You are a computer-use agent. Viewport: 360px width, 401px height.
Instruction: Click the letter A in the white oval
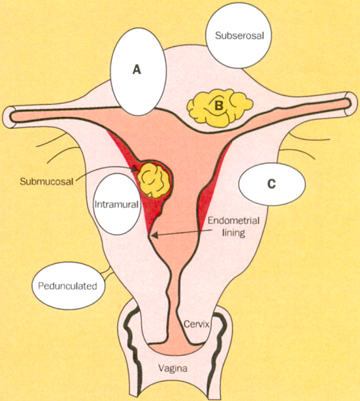tap(137, 69)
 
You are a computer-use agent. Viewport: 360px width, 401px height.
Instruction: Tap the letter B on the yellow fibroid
tap(218, 105)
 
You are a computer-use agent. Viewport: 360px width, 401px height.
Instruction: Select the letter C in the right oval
tap(272, 184)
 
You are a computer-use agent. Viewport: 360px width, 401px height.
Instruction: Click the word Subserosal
tap(239, 35)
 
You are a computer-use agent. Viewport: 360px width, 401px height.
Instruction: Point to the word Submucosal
tap(46, 181)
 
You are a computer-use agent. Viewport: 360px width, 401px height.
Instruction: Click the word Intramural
tap(116, 204)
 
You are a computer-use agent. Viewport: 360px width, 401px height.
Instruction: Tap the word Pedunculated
tap(67, 286)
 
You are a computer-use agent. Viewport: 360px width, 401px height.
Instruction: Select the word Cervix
tap(197, 324)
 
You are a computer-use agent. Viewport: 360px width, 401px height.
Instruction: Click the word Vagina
tap(172, 368)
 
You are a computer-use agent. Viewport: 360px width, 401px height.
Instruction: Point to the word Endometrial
tap(233, 220)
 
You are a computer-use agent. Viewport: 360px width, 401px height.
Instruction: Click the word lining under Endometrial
tap(233, 233)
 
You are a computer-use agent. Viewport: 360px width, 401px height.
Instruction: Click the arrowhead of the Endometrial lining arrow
tap(154, 235)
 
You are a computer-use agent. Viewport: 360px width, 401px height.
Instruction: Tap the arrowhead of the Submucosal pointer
tap(135, 169)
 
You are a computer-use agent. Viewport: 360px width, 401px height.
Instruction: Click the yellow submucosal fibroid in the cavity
tap(154, 180)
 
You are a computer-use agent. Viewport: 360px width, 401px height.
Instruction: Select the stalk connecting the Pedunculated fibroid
tap(106, 273)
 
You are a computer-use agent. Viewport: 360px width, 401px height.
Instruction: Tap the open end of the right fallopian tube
tap(352, 103)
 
